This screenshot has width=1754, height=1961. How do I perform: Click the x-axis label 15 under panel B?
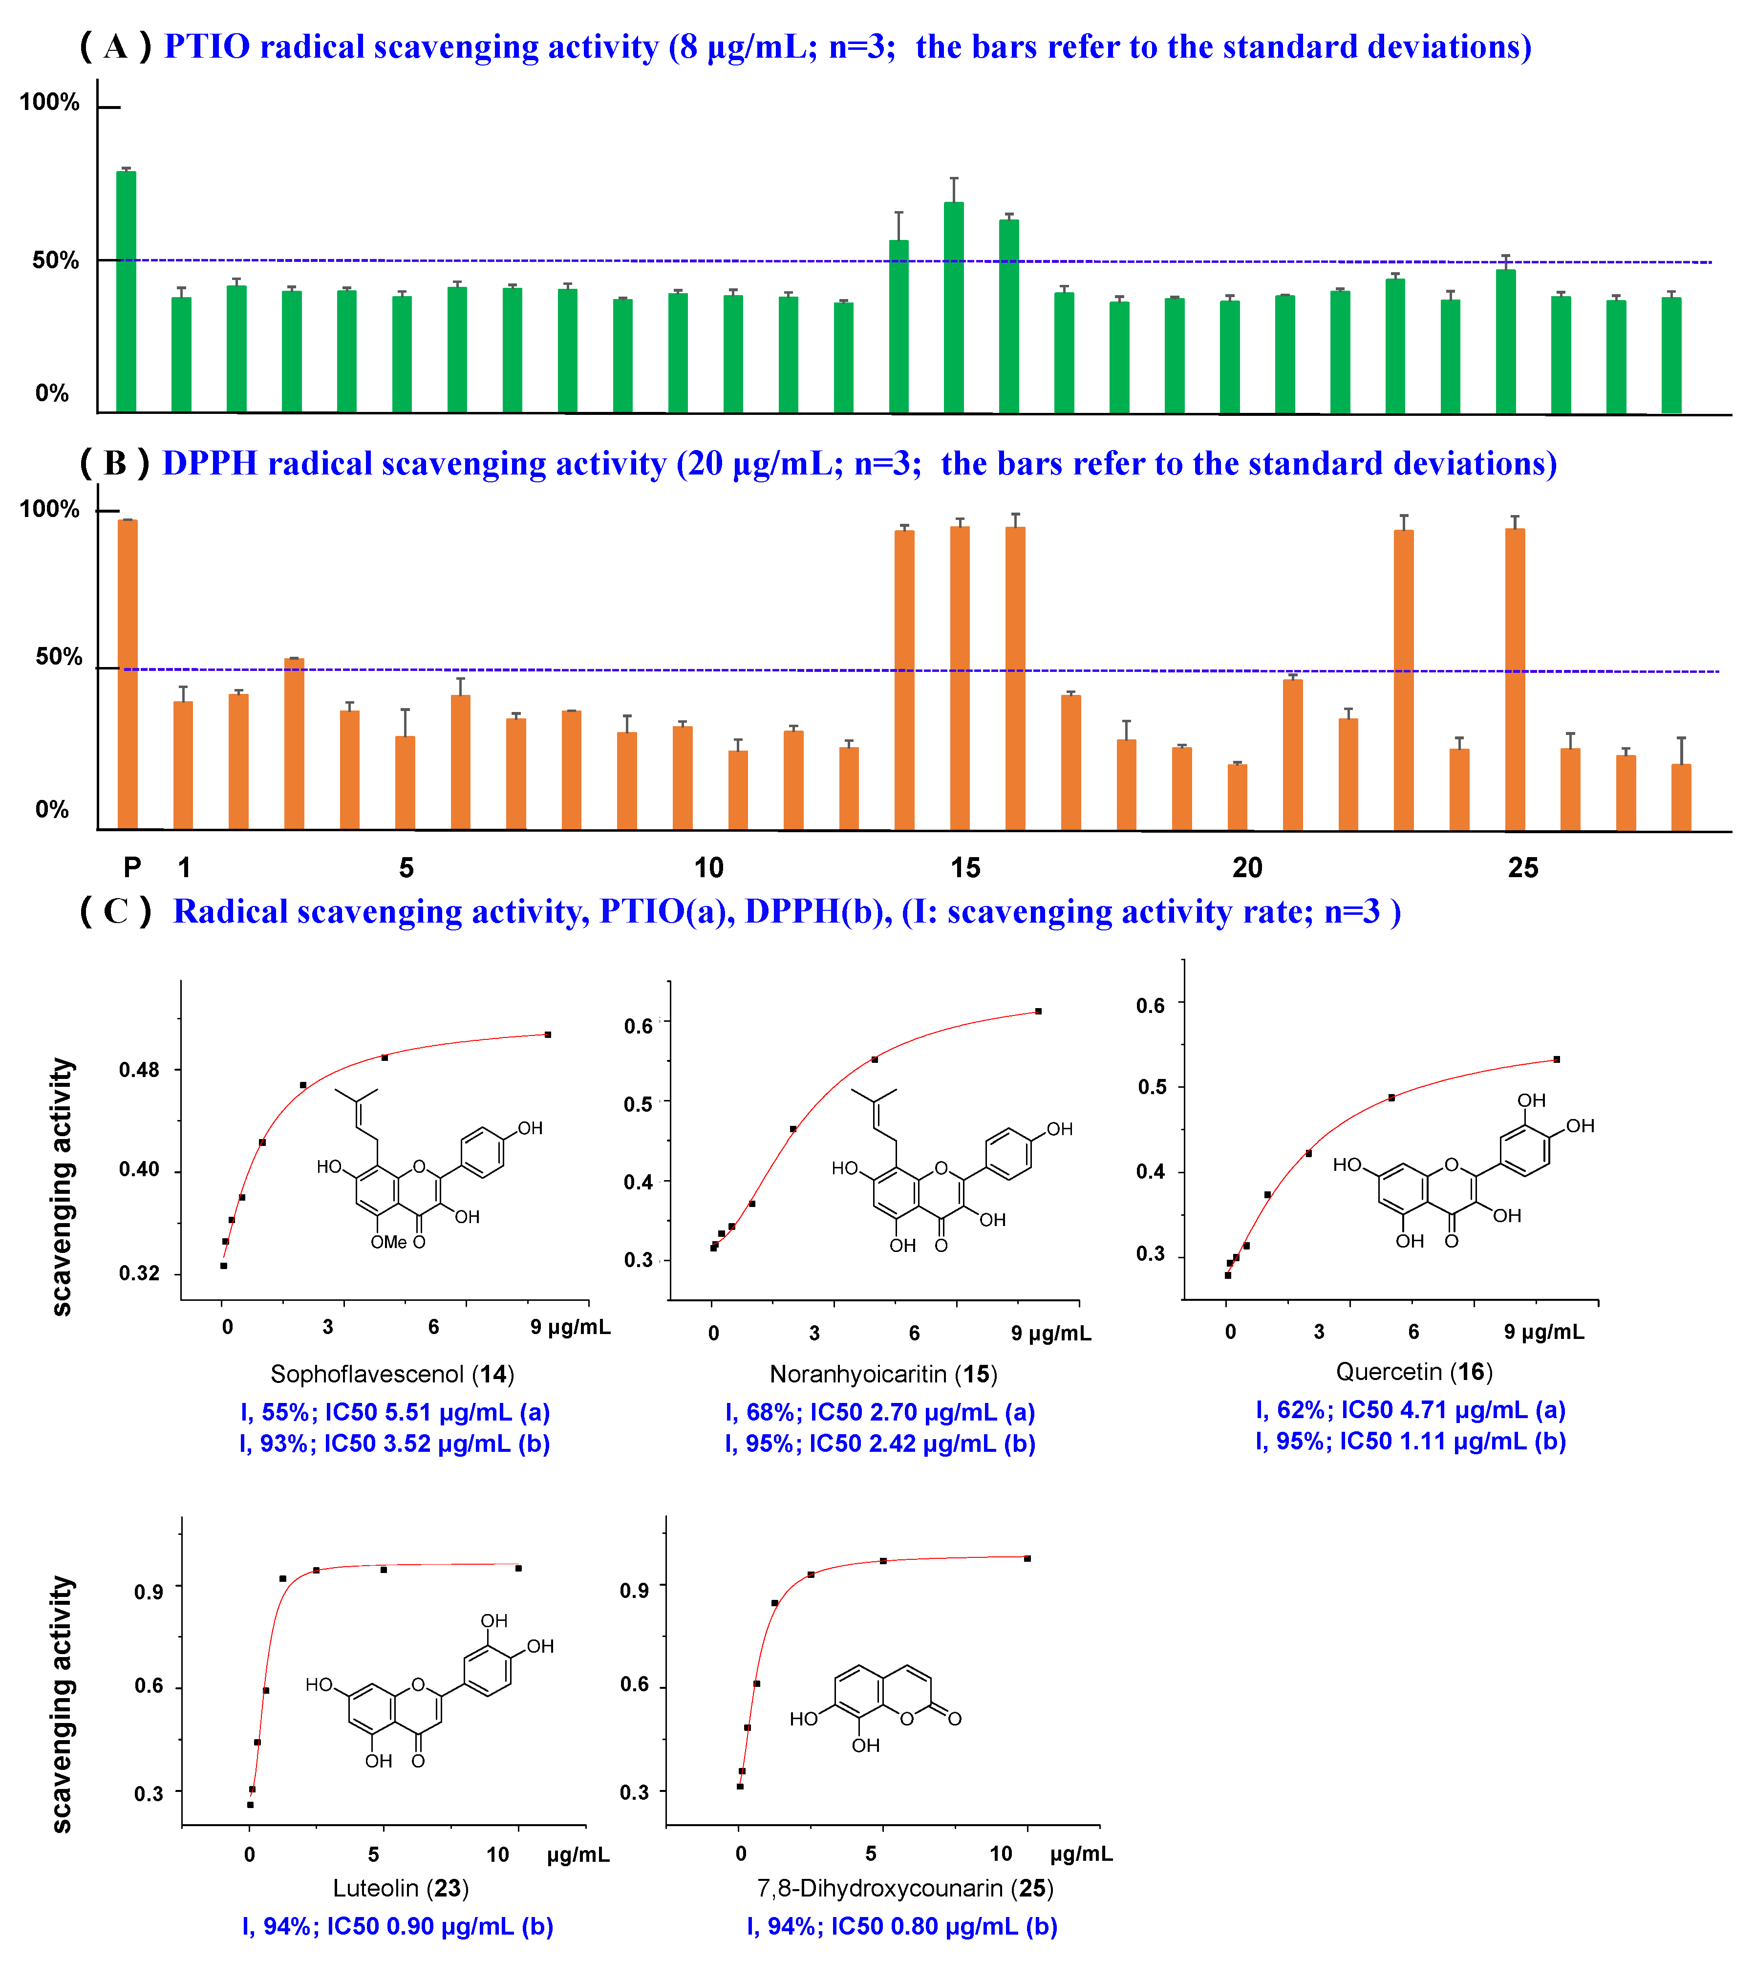click(964, 867)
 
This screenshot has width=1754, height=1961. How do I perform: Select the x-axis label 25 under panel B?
click(1523, 867)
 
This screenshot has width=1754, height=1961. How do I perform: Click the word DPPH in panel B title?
click(210, 464)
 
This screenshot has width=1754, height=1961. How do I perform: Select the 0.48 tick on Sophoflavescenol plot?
click(139, 1070)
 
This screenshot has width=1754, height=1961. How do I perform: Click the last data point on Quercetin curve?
click(1557, 1059)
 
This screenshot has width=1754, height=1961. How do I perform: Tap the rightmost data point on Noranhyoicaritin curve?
click(1038, 1011)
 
